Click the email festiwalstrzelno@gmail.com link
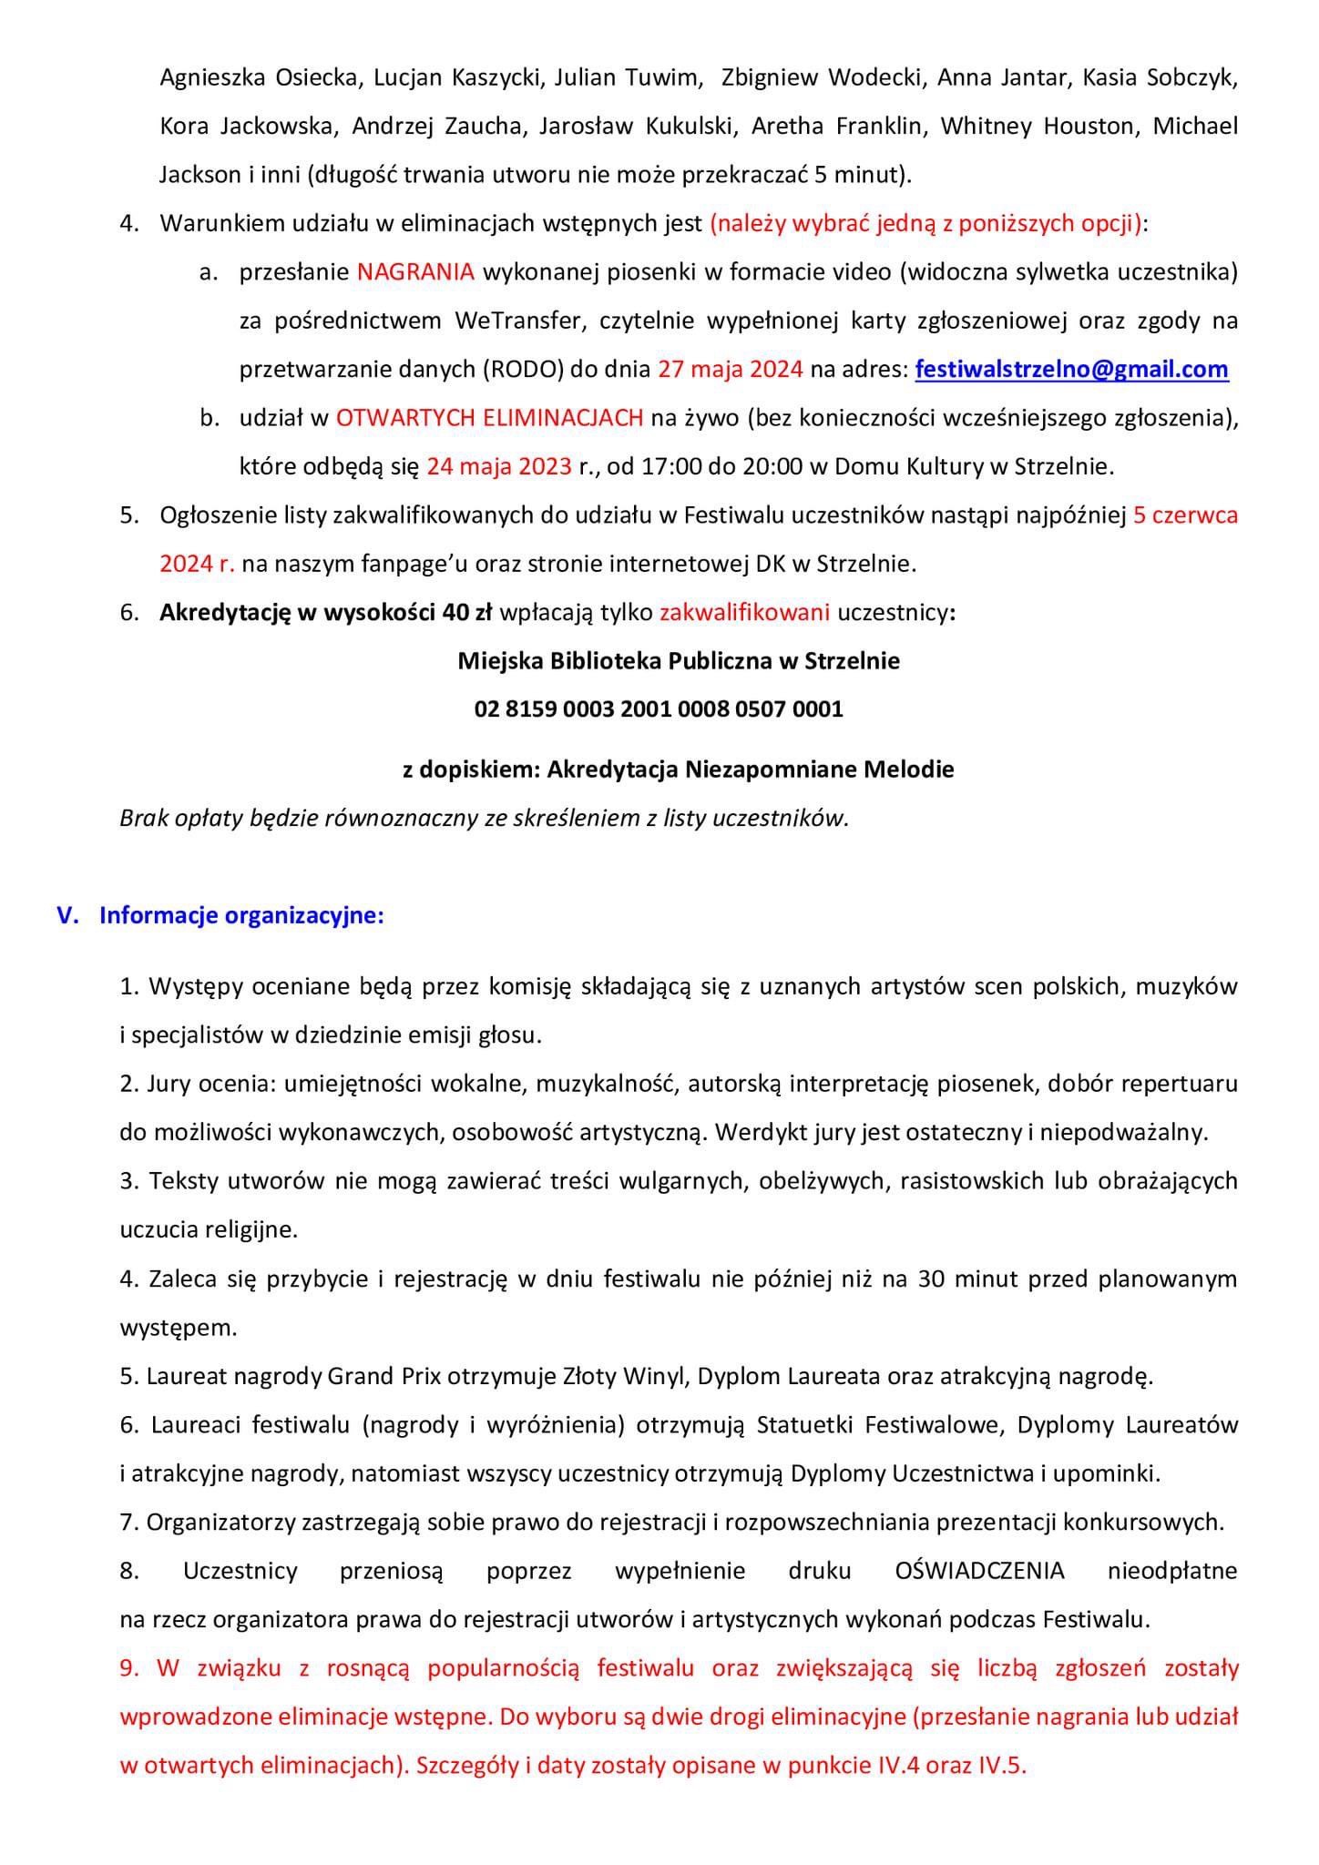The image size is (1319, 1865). (x=1071, y=370)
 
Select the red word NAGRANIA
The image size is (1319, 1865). (x=415, y=272)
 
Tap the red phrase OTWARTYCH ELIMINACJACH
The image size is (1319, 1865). (x=490, y=418)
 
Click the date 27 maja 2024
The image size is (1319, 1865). (x=730, y=370)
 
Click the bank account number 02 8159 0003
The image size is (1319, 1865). (x=659, y=708)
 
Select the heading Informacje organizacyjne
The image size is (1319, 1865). (x=241, y=915)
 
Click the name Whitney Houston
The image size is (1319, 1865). (x=1038, y=126)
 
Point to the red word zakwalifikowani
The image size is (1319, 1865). (x=744, y=612)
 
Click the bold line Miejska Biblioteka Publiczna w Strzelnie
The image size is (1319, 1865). (x=679, y=661)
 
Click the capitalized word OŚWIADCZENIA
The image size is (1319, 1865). (x=979, y=1571)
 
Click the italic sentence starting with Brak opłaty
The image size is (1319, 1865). (x=484, y=819)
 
